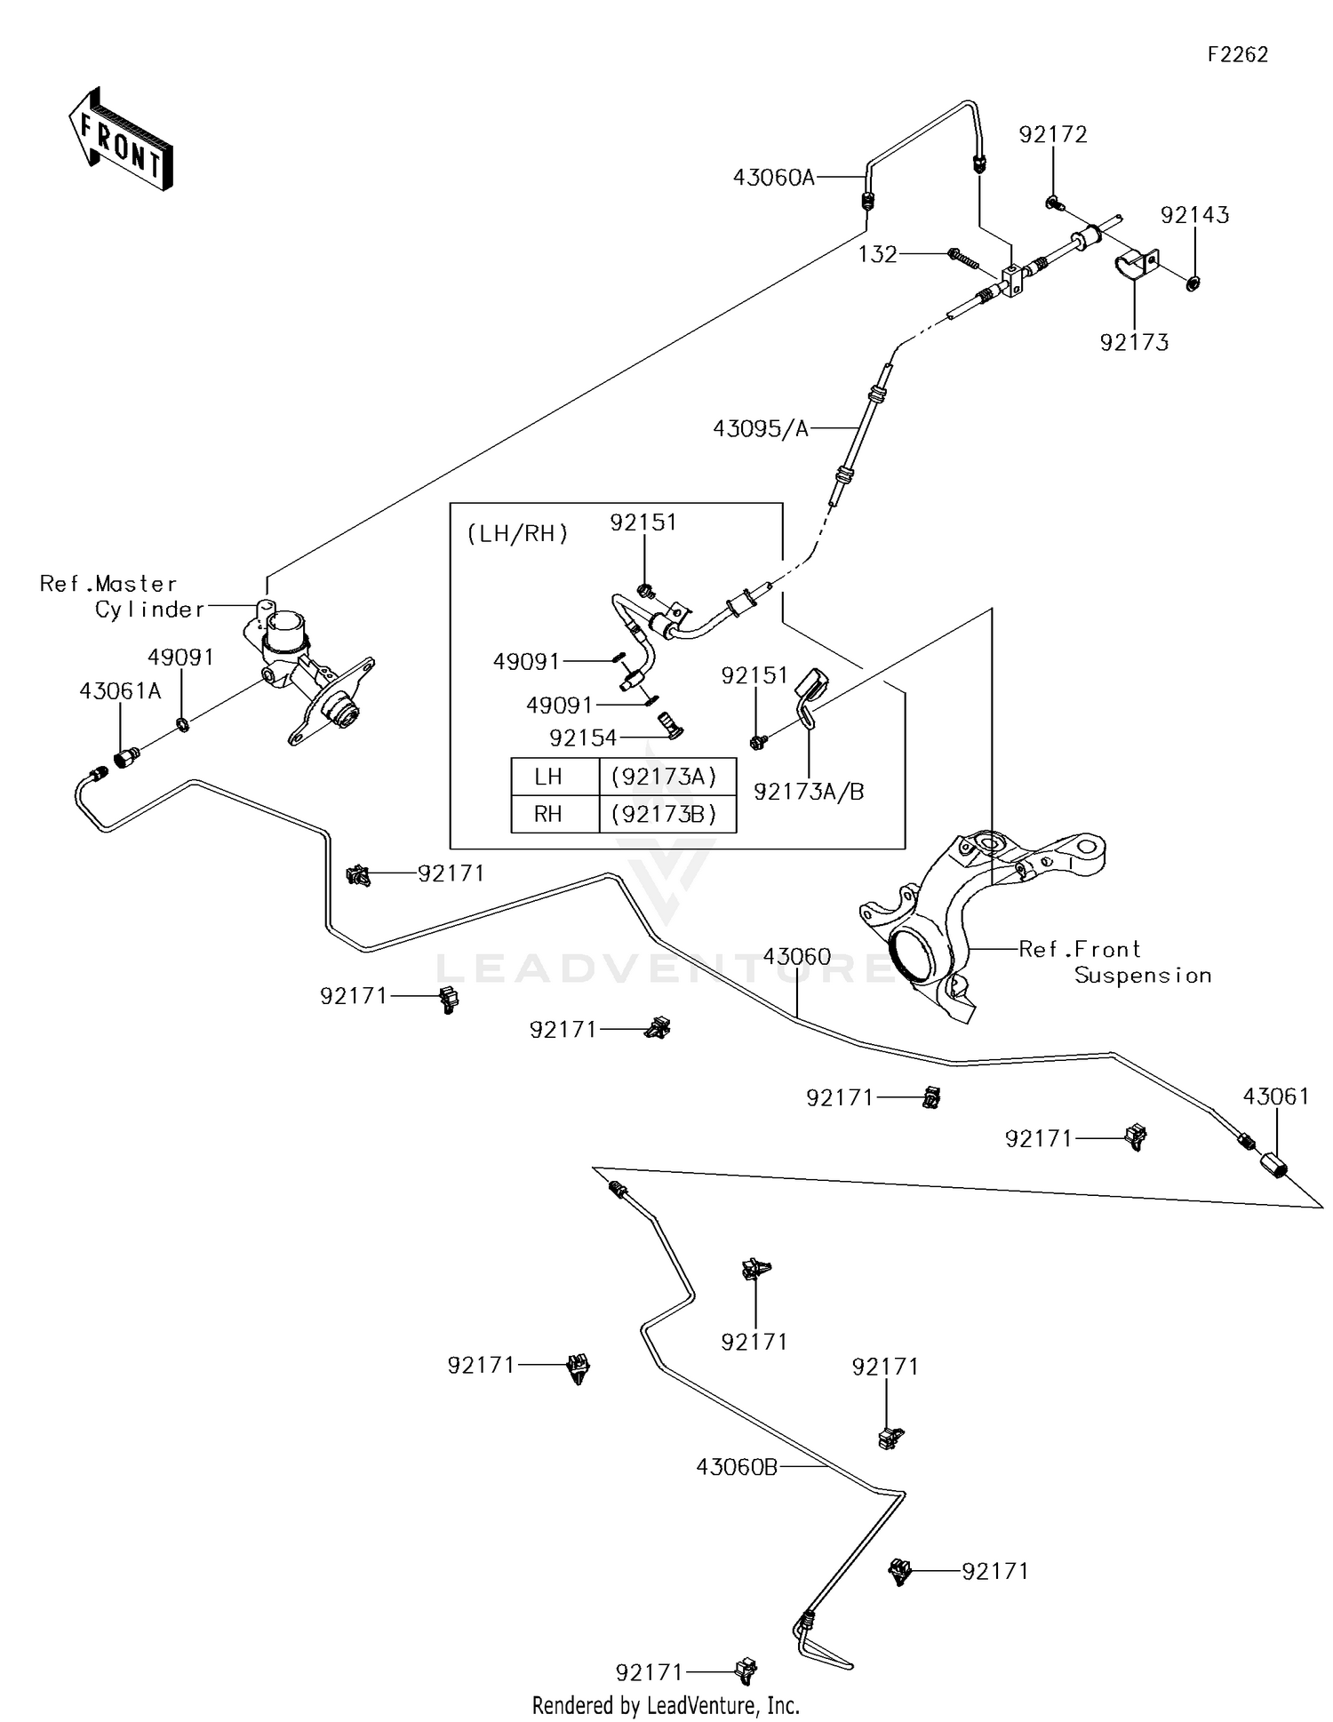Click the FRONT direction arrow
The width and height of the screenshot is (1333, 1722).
(x=120, y=140)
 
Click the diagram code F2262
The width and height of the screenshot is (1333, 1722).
(x=1237, y=54)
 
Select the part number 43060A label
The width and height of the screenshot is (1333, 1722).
(x=773, y=177)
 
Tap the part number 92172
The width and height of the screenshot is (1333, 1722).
(x=1053, y=134)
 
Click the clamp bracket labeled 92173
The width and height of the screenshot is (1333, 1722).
(x=1136, y=264)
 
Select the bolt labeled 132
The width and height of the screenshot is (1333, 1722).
(x=963, y=258)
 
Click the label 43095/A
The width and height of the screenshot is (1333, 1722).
(x=761, y=429)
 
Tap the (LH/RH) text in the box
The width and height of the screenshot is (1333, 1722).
(x=517, y=534)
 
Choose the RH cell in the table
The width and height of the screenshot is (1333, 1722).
(x=548, y=814)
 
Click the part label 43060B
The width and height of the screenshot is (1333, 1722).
(x=737, y=1467)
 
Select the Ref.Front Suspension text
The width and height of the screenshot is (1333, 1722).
(x=1114, y=962)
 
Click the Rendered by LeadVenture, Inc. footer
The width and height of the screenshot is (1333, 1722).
(x=666, y=1705)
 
